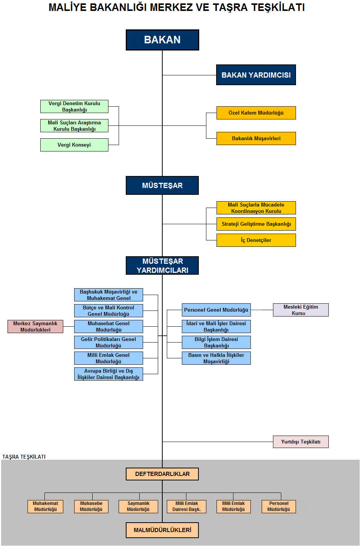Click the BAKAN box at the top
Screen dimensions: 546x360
click(x=162, y=40)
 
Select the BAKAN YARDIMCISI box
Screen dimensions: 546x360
click(x=256, y=75)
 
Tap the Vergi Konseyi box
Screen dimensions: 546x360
click(x=74, y=145)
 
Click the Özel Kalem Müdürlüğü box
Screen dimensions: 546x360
click(x=256, y=113)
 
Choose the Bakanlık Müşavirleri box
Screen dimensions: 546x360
click(x=256, y=138)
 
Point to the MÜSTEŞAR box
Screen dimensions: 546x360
click(x=162, y=185)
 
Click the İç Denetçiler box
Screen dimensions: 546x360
click(x=256, y=240)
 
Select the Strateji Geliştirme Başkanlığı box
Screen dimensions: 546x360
click(x=256, y=224)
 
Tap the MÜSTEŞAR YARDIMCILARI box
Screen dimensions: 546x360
click(x=162, y=265)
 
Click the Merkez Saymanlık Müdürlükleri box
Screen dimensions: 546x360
click(x=35, y=326)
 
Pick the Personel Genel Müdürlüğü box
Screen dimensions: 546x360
click(x=216, y=310)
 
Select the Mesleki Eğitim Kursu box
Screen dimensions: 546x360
click(x=301, y=310)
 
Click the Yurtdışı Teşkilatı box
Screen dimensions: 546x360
click(x=301, y=442)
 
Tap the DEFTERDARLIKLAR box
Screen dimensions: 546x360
click(x=162, y=474)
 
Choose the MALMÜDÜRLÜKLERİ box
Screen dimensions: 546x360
click(x=162, y=530)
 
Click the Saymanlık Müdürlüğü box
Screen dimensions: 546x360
click(x=138, y=506)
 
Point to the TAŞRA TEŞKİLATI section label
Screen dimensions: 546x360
click(x=24, y=457)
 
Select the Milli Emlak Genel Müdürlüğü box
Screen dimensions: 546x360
click(x=108, y=358)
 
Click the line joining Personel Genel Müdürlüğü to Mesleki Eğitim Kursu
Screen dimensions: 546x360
click(x=262, y=310)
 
